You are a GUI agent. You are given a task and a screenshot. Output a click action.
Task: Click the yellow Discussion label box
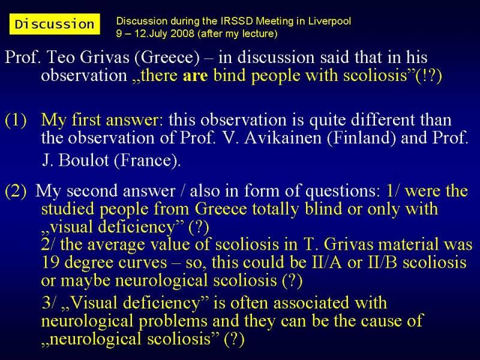click(x=55, y=24)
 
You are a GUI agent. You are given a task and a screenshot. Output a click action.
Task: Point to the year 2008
click(x=182, y=33)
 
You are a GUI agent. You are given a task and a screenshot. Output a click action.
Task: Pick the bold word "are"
click(x=196, y=76)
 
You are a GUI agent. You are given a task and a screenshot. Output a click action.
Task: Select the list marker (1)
click(x=16, y=120)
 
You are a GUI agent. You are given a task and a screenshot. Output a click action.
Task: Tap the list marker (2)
click(x=16, y=191)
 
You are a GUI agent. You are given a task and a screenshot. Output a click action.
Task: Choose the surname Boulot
click(x=83, y=160)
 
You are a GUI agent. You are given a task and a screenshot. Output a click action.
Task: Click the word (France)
click(x=147, y=160)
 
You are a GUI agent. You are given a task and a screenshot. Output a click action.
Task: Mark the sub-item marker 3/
click(x=50, y=303)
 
